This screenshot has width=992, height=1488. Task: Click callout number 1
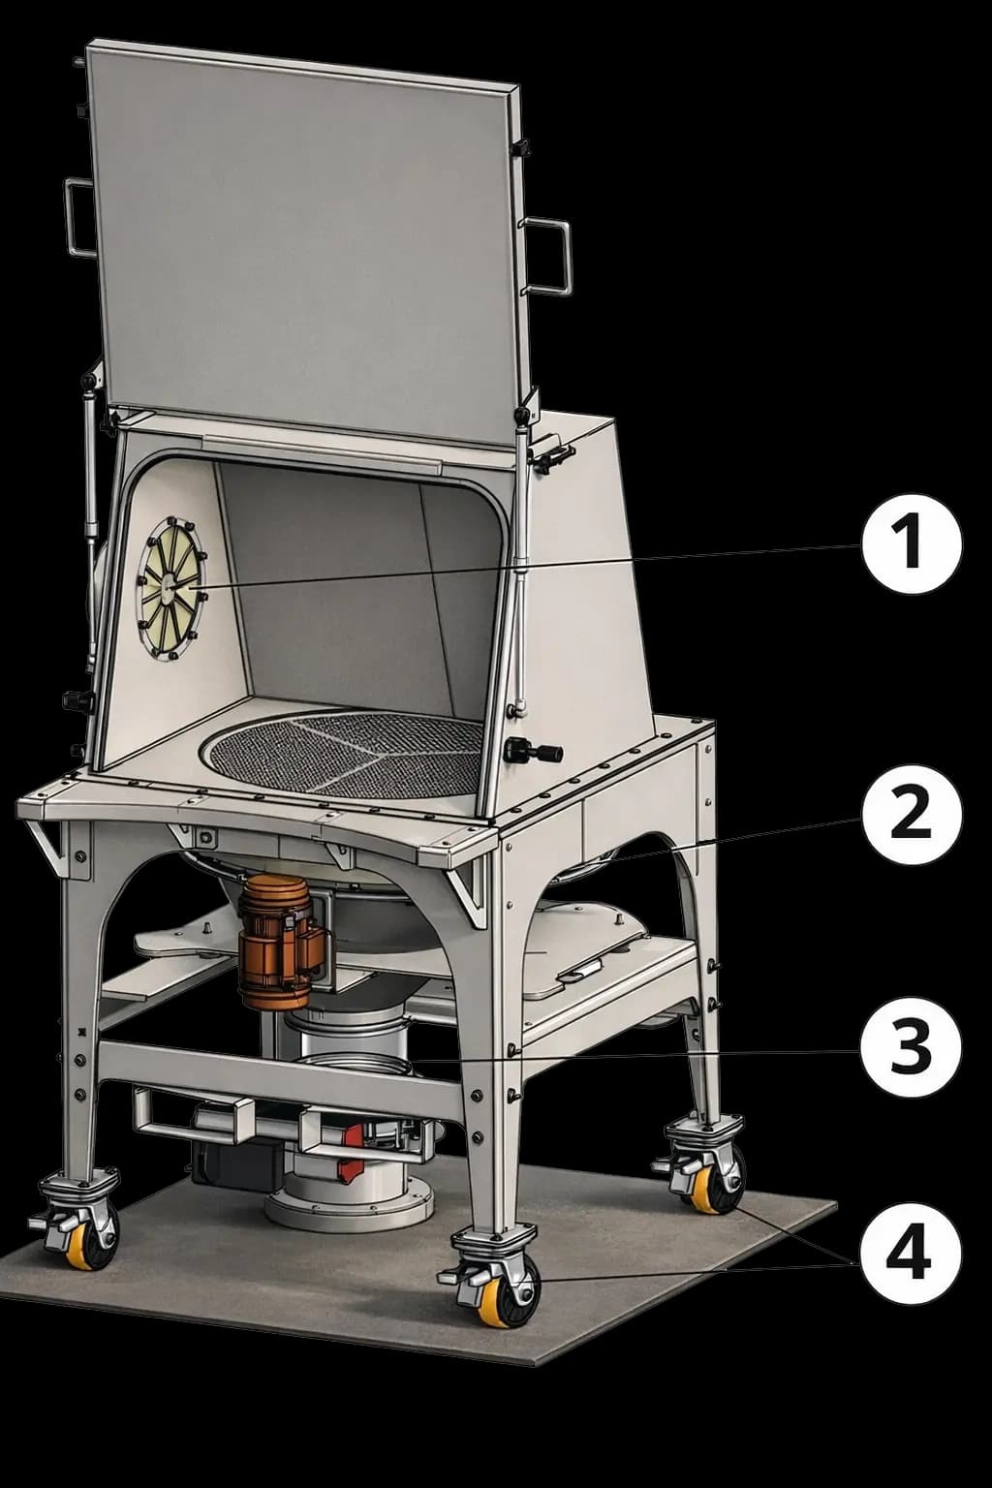click(911, 544)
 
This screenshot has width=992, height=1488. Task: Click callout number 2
click(911, 815)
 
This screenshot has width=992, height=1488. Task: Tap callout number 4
click(911, 1255)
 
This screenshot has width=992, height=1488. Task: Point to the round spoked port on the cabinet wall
click(172, 589)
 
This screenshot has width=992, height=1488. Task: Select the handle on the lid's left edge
click(80, 217)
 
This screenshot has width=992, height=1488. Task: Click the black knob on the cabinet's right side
click(533, 752)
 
